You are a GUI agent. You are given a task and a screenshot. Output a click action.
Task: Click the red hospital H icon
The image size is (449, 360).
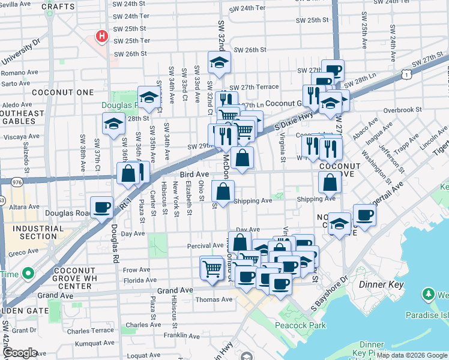pos(102,37)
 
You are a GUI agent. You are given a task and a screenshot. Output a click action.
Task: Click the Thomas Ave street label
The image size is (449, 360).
pos(214,299)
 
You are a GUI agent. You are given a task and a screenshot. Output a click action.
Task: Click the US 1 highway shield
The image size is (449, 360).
pos(407,74)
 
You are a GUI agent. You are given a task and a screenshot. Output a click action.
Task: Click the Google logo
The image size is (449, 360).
pos(20,353)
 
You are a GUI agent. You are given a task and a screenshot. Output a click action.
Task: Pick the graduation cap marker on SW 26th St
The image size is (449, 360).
pos(220,62)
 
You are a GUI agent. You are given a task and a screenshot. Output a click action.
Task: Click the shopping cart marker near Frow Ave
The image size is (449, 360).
pos(212,267)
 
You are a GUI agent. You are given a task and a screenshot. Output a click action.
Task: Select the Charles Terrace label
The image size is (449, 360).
pos(90,330)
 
